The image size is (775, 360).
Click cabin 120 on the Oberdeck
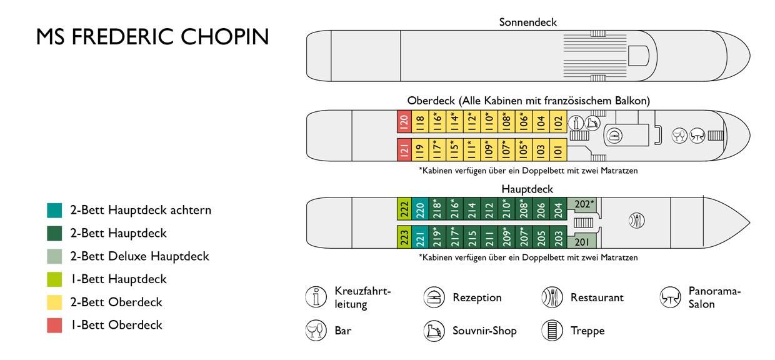pos(404,122)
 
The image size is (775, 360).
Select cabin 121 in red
pos(404,150)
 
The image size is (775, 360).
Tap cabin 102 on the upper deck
pos(558,122)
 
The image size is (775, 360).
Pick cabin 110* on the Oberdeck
pos(489,122)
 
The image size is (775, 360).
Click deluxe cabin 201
pos(582,242)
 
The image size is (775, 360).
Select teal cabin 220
pos(420,209)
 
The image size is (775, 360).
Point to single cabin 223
pos(404,237)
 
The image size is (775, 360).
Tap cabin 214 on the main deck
pos(472,209)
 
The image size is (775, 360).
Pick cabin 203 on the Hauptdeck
pos(558,237)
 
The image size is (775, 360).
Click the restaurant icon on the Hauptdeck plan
pos(636,220)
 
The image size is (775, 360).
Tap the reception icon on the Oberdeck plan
pos(614,136)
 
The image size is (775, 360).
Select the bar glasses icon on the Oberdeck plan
pos(679,136)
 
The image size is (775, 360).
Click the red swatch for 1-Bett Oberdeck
pos(54,325)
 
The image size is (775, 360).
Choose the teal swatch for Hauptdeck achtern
pos(54,210)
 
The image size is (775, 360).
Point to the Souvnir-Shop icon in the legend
pos(434,331)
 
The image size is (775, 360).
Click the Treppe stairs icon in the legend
pos(552,331)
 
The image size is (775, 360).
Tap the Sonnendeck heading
pos(527,22)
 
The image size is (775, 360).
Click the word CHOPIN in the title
pos(224,37)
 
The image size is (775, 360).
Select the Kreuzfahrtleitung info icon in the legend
pos(316,297)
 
